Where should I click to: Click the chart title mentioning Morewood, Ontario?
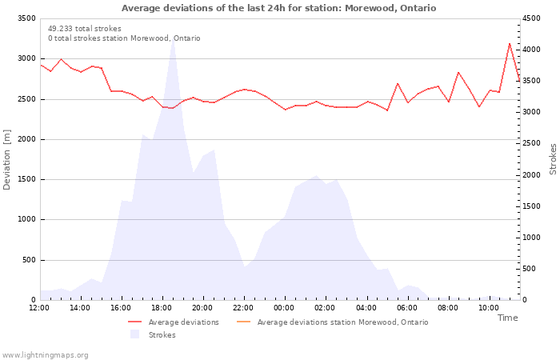[279, 8]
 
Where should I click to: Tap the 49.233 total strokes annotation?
[85, 28]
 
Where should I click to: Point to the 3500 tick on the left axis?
[25, 18]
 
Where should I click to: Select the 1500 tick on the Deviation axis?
[25, 179]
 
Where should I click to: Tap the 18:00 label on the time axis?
[162, 307]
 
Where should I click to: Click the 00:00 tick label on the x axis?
[284, 307]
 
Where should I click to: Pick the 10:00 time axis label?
[488, 307]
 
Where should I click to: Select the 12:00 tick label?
[39, 307]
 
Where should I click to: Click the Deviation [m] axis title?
[7, 158]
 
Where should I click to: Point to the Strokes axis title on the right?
[553, 158]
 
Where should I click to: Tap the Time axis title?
[507, 318]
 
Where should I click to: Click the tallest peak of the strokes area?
[173, 40]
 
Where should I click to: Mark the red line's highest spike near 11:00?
[509, 44]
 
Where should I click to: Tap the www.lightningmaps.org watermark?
[46, 354]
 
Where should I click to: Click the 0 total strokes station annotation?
[124, 38]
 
